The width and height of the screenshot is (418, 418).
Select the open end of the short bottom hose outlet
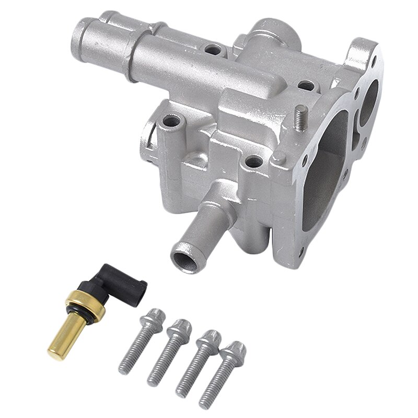pos(184,257)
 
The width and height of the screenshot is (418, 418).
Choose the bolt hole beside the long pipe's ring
pos(213,50)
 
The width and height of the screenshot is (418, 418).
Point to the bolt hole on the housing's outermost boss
pos(170,123)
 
